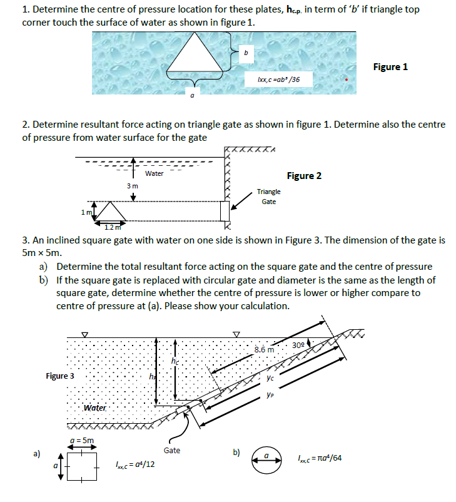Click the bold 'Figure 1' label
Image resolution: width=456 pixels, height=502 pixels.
tap(390, 66)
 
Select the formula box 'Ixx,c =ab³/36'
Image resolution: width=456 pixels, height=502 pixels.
tap(278, 80)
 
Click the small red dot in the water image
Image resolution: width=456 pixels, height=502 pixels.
tap(345, 80)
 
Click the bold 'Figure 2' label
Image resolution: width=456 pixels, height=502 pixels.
tap(304, 175)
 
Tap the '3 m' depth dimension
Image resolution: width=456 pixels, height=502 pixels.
tap(133, 186)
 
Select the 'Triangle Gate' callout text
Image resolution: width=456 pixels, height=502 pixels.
tap(268, 197)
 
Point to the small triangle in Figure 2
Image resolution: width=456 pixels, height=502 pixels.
tap(111, 213)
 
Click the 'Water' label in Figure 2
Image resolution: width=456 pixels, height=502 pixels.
tap(154, 173)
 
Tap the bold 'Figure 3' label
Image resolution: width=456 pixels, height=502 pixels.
tap(60, 376)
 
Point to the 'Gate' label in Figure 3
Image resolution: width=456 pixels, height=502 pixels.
tap(172, 449)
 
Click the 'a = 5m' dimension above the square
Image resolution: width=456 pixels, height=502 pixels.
tap(81, 440)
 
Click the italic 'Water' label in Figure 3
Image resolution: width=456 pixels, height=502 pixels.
tap(95, 408)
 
